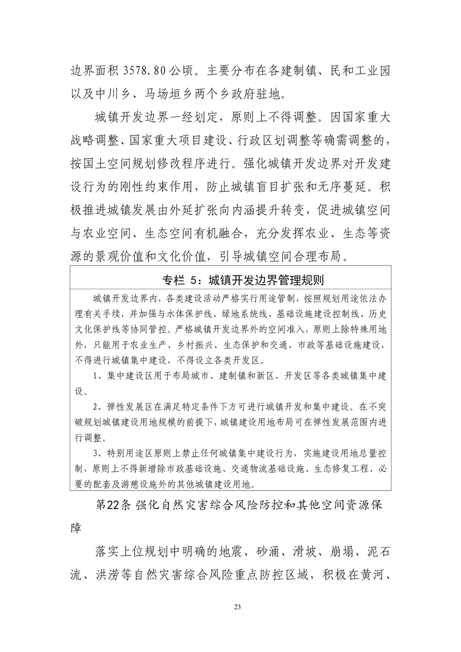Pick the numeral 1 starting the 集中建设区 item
pos(95,376)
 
